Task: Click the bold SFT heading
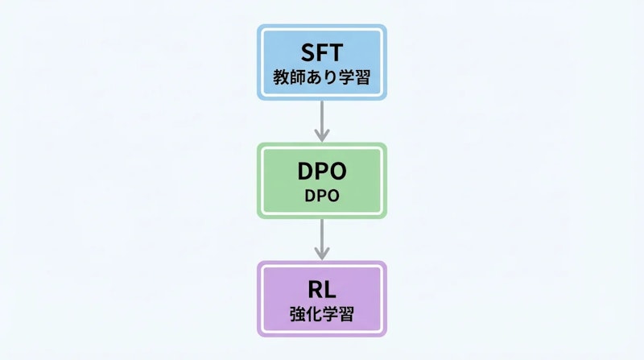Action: [x=322, y=52]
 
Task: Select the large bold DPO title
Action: [x=322, y=171]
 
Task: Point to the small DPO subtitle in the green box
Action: [x=322, y=196]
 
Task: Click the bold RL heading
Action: [x=322, y=289]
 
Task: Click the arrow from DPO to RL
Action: [x=322, y=238]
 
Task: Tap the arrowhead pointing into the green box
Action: [x=322, y=135]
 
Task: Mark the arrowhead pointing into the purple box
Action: [x=322, y=254]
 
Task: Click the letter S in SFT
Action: [x=307, y=52]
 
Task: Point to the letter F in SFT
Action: [x=322, y=52]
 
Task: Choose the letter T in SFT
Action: [x=336, y=52]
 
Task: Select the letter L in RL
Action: [x=331, y=289]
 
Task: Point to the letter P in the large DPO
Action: [x=322, y=171]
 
